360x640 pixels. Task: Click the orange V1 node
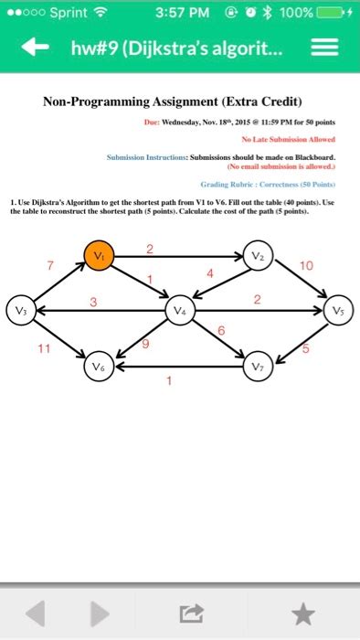100,257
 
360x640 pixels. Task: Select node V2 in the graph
259,257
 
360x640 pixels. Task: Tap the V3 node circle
19,309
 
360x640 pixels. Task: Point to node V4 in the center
179,310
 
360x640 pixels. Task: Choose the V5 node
338,309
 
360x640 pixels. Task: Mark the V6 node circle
100,367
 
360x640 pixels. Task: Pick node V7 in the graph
259,368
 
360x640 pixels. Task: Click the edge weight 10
305,266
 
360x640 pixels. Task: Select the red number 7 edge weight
38,265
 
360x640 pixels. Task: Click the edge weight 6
221,330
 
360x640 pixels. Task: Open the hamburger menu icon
324,48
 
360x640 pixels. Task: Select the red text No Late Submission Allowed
288,139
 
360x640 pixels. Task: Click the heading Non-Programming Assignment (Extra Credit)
179,101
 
